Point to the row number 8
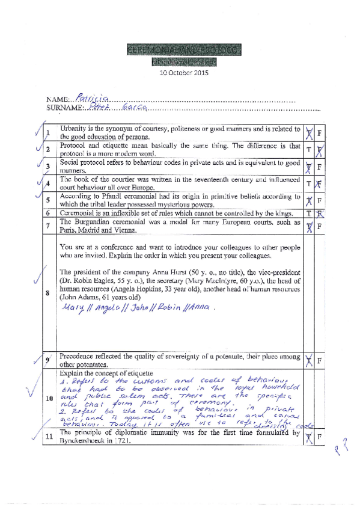[x=47, y=293]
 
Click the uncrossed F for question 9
[x=320, y=360]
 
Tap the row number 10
[x=47, y=399]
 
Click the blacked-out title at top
[x=184, y=50]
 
